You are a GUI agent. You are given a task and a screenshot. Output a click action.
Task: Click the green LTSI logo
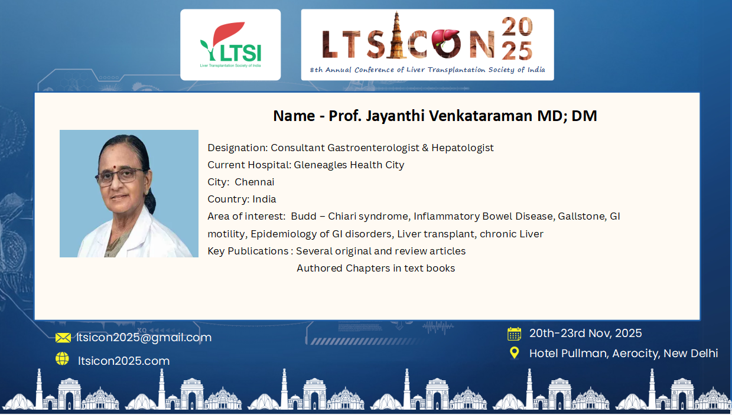pyautogui.click(x=230, y=44)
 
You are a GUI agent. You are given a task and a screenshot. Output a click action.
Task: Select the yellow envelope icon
pyautogui.click(x=63, y=338)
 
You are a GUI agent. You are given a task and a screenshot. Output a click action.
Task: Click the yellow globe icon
pyautogui.click(x=62, y=359)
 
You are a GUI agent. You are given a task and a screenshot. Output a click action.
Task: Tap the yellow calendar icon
pyautogui.click(x=515, y=334)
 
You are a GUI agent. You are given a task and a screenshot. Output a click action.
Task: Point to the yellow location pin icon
pyautogui.click(x=515, y=353)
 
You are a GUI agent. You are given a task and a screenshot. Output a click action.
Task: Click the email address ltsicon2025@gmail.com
pyautogui.click(x=144, y=338)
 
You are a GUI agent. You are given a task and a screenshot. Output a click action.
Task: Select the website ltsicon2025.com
pyautogui.click(x=123, y=361)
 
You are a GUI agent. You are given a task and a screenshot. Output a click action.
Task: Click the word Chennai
pyautogui.click(x=254, y=182)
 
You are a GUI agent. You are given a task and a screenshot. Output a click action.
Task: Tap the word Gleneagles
pyautogui.click(x=320, y=165)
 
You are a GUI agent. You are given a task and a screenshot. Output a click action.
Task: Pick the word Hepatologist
pyautogui.click(x=463, y=148)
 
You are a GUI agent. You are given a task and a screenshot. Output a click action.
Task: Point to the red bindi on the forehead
pyautogui.click(x=116, y=167)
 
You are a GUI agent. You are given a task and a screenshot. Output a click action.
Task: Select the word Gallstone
pyautogui.click(x=582, y=216)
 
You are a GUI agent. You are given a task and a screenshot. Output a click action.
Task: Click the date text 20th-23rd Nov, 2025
pyautogui.click(x=585, y=334)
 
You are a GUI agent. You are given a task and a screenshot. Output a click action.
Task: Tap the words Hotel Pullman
pyautogui.click(x=568, y=354)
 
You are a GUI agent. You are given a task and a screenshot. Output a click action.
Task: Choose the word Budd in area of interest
pyautogui.click(x=304, y=216)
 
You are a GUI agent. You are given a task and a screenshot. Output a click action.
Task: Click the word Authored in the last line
pyautogui.click(x=320, y=269)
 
